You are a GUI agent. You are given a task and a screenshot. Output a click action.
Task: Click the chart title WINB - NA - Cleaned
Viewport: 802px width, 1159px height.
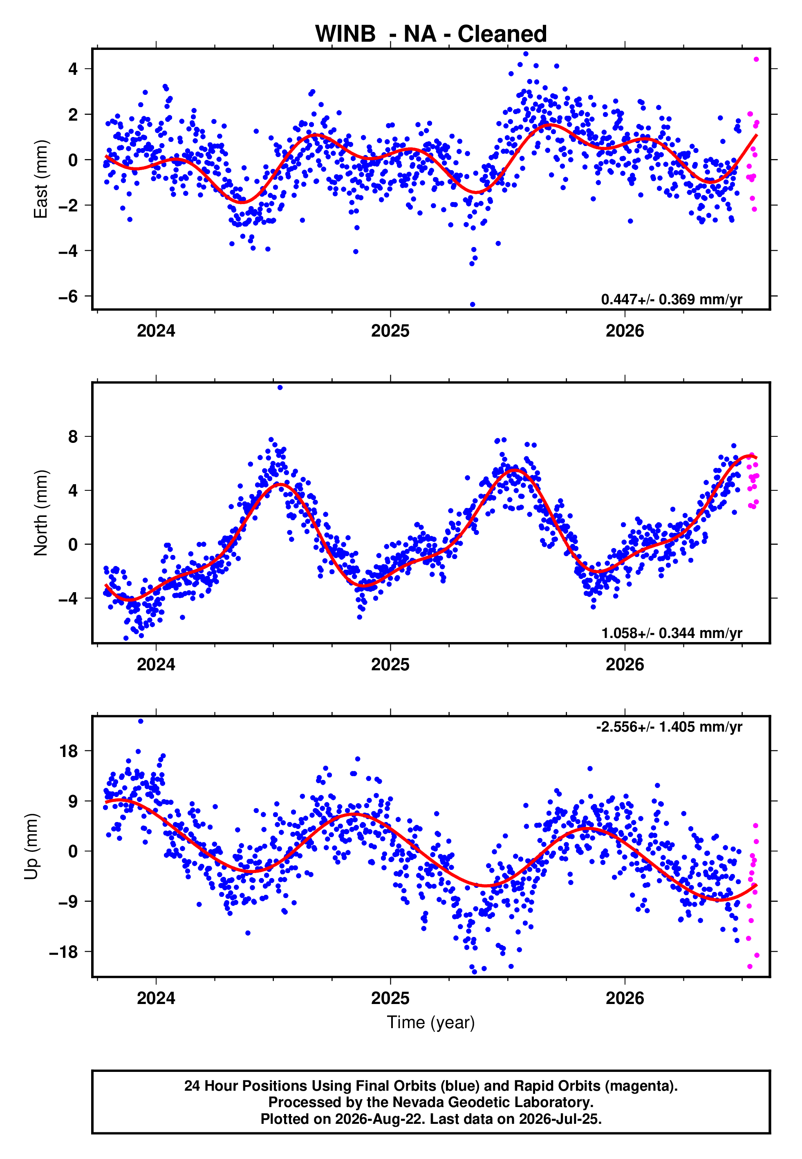coord(431,34)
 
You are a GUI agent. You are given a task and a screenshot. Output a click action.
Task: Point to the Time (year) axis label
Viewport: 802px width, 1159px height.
coord(431,1022)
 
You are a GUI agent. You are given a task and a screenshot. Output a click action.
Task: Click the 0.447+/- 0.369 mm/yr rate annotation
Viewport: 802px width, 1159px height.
coord(671,299)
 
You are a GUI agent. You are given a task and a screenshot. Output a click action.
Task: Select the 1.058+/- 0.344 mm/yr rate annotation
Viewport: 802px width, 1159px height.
coord(671,633)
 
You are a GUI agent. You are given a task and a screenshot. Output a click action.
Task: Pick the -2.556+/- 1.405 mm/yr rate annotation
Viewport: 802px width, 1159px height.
coord(669,727)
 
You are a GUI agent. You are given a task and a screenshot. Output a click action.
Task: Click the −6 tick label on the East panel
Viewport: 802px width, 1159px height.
coord(68,296)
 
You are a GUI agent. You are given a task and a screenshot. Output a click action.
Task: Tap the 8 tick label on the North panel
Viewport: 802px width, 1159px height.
coord(73,436)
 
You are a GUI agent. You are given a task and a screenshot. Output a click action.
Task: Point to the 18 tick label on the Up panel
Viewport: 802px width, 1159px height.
coord(69,751)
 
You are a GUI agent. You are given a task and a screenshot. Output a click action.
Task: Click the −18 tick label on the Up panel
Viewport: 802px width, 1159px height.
coord(64,951)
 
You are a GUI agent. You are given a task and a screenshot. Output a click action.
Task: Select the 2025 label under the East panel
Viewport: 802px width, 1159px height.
coord(390,331)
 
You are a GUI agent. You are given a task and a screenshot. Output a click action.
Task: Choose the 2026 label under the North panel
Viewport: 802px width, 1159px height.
coord(625,665)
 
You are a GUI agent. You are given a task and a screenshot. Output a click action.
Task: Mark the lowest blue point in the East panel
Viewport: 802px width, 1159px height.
coord(473,305)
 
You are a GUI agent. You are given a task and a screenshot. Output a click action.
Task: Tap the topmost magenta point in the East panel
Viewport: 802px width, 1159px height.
coord(756,59)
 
